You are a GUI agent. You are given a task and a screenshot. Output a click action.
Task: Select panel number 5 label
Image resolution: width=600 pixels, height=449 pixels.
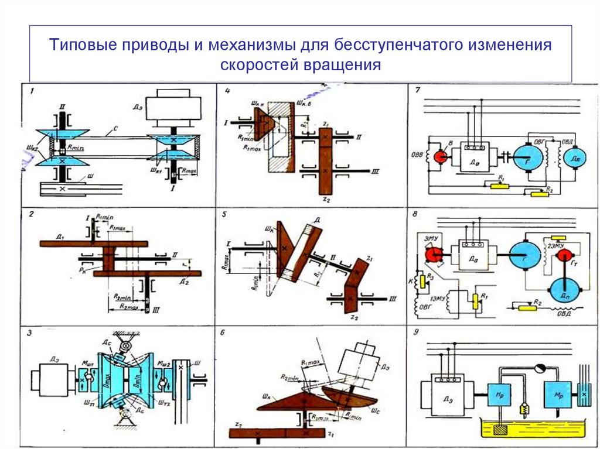pos(225,214)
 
